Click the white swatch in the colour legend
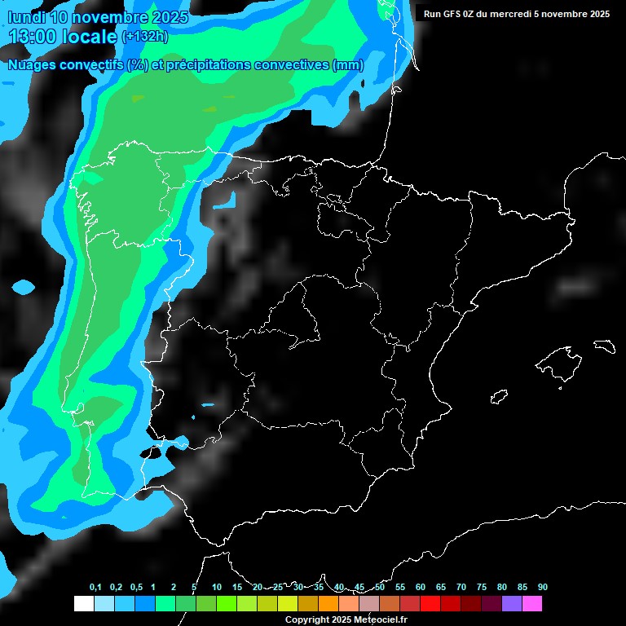[83, 603]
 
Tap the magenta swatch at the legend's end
[532, 603]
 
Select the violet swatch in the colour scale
[512, 603]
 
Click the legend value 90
[542, 587]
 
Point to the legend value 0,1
[95, 587]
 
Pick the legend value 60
[421, 587]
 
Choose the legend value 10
[217, 587]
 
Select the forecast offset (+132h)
[144, 36]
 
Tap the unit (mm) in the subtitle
[348, 65]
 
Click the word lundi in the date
[26, 17]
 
